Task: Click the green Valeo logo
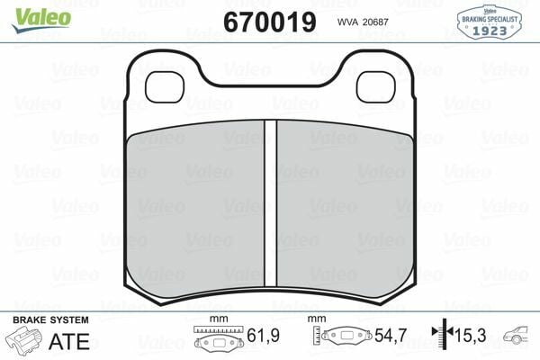click(x=41, y=20)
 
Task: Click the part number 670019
click(x=270, y=22)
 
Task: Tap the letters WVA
click(x=346, y=22)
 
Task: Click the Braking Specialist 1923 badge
click(x=489, y=22)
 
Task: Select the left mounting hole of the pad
click(x=165, y=86)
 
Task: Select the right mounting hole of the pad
click(x=375, y=86)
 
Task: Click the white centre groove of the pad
click(x=270, y=203)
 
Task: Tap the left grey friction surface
click(x=195, y=209)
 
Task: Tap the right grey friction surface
click(x=345, y=209)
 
